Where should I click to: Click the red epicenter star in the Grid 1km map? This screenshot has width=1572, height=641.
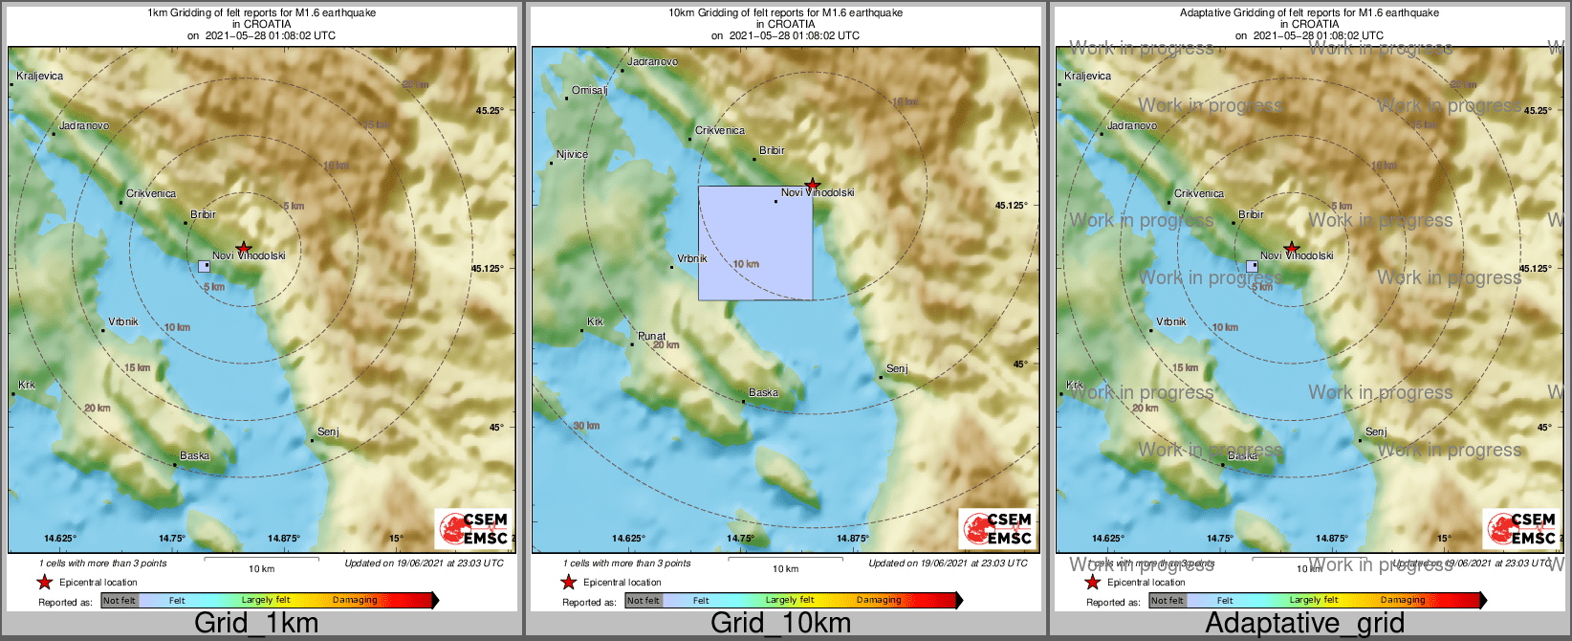244,248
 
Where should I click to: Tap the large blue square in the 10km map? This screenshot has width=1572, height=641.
755,243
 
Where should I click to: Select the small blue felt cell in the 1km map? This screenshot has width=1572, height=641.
204,266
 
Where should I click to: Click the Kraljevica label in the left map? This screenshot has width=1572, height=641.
39,76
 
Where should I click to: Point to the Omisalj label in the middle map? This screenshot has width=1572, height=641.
589,90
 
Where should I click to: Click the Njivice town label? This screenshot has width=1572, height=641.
572,154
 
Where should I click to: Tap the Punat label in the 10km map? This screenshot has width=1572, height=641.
651,336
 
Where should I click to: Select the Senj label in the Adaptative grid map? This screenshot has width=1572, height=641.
1376,431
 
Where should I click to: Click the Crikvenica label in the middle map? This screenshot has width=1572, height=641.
719,130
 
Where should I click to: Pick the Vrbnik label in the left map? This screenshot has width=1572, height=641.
122,321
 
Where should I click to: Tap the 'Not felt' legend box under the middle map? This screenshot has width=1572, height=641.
643,601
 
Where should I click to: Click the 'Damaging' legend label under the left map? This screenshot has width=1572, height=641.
355,601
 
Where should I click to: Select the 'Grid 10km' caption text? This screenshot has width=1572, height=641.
780,624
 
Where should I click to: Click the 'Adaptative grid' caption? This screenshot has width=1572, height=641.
1304,624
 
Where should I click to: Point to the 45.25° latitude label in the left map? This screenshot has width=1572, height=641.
490,110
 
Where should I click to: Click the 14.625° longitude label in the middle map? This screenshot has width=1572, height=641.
627,539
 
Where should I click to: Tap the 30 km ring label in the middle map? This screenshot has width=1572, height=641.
586,426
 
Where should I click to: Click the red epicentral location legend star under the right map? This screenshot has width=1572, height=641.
1092,583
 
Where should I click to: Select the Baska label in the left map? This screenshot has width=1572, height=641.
194,455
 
